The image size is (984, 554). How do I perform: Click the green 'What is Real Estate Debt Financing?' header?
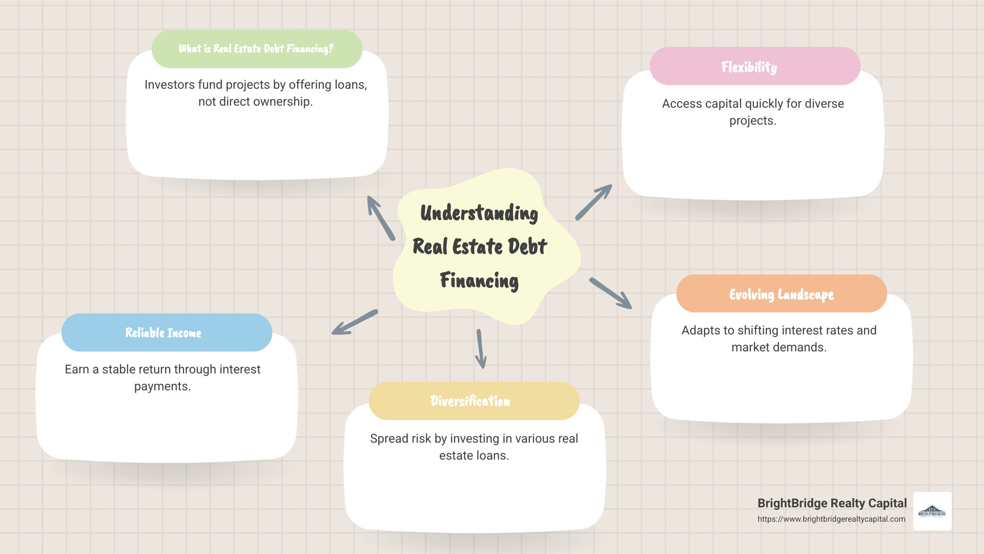click(x=256, y=49)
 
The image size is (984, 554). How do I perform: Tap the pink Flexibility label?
click(x=749, y=67)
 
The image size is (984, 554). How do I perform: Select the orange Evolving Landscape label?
click(x=781, y=294)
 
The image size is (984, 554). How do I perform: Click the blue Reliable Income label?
click(x=163, y=333)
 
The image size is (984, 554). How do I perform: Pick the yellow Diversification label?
click(x=470, y=401)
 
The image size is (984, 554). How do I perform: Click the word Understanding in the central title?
click(x=479, y=213)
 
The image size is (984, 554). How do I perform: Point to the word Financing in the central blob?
click(x=479, y=281)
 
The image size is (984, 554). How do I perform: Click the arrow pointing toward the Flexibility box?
click(x=593, y=202)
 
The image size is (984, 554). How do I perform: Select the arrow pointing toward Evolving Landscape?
click(x=610, y=293)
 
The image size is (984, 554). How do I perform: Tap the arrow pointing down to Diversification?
click(x=481, y=349)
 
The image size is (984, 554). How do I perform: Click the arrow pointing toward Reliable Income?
click(x=355, y=322)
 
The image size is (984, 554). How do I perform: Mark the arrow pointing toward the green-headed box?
click(x=381, y=218)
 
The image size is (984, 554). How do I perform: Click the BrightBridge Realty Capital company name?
click(x=832, y=503)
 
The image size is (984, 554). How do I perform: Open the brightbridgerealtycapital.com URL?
click(x=831, y=519)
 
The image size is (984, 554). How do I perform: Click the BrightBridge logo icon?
click(x=932, y=511)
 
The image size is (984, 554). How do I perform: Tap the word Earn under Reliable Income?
click(x=77, y=369)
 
